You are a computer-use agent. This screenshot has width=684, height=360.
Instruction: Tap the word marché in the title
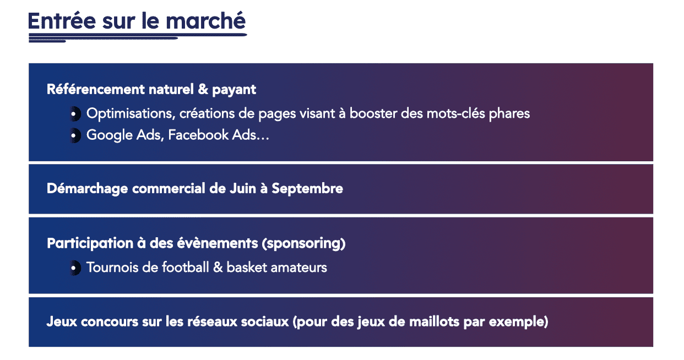coord(205,20)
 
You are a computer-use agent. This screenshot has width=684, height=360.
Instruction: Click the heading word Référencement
coord(96,89)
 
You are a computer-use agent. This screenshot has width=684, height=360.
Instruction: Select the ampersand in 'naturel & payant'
coord(203,89)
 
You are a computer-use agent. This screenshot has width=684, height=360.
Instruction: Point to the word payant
coord(234,90)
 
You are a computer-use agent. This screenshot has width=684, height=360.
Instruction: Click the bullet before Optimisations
coord(74,114)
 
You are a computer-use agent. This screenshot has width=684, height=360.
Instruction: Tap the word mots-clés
coord(455,113)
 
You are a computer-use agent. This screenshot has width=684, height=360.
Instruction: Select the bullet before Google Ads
coord(74,135)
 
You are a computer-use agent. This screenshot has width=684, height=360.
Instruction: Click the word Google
coord(109,135)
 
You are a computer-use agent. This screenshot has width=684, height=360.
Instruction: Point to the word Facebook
coord(198,135)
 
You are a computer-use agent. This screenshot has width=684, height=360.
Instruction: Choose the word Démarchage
coord(88,189)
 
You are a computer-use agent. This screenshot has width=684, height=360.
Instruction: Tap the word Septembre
coord(307,189)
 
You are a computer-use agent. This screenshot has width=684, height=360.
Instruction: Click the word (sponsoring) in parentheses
coord(303,244)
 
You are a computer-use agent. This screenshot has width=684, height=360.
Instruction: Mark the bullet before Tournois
coord(74,268)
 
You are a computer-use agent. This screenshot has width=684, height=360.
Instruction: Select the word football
coord(185,268)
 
